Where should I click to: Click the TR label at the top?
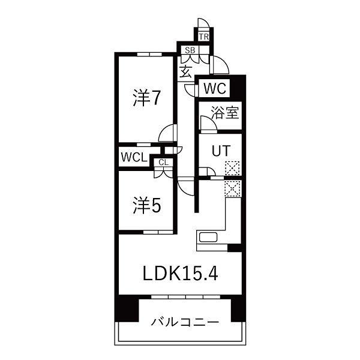point(203,36)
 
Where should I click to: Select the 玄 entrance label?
point(186,72)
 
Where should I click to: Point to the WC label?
point(214,88)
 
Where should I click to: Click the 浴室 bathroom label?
point(226,113)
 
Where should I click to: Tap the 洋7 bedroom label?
point(146,98)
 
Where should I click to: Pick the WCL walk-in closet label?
point(134,158)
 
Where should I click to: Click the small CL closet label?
point(163,162)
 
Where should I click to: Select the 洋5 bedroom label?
point(146,206)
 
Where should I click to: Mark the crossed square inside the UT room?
point(232,169)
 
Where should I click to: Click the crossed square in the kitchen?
point(232,188)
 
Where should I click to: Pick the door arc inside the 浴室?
point(208,125)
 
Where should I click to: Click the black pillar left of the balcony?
point(127,310)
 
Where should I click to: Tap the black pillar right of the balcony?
point(238,310)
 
